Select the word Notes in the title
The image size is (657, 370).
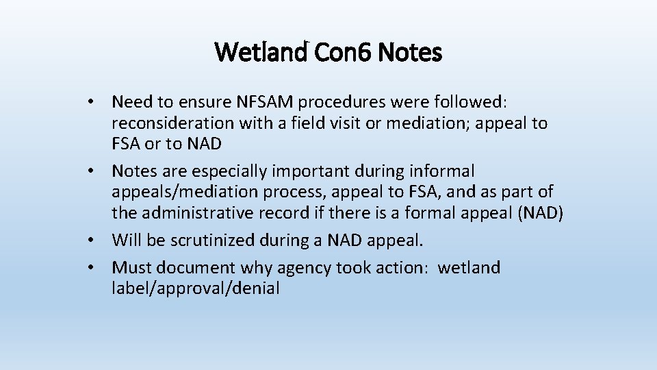[409, 52]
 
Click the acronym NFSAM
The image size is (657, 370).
[266, 102]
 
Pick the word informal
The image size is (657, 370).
[445, 171]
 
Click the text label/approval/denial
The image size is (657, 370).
[196, 288]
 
